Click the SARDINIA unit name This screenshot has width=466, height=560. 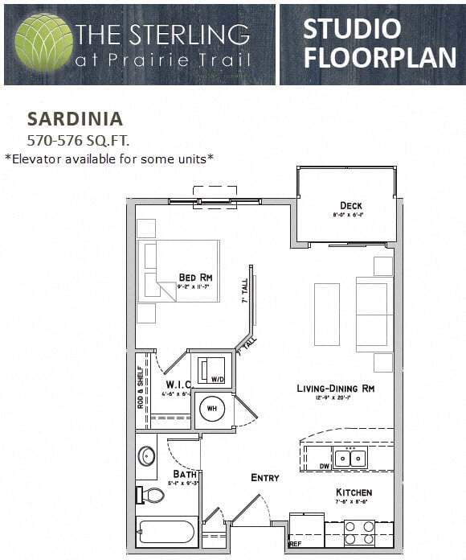[x=75, y=119]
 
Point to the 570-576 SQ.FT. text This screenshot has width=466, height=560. [x=78, y=140]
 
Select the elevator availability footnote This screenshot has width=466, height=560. [x=109, y=158]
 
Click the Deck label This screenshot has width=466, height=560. [x=350, y=205]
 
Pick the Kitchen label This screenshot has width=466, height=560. [x=354, y=492]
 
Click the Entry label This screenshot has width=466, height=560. [x=265, y=477]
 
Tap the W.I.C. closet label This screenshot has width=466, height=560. [x=178, y=384]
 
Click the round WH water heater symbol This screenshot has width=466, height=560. [x=212, y=409]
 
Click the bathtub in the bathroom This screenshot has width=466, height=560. [x=166, y=532]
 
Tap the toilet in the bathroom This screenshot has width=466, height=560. [x=150, y=495]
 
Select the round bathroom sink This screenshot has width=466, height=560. [x=147, y=456]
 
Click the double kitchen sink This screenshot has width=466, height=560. [x=350, y=458]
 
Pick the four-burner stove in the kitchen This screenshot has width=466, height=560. [x=359, y=533]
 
